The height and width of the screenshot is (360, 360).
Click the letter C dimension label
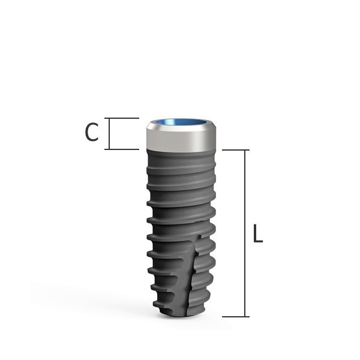91,133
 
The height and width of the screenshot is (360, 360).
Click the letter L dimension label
258,234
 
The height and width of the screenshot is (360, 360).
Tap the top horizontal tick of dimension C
123,118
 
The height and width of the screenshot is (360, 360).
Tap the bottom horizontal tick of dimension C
123,149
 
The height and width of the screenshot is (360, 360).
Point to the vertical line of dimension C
109,133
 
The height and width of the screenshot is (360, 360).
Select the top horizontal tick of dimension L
235,150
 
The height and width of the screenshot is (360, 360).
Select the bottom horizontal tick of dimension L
235,316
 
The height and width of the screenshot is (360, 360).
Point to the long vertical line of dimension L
245,234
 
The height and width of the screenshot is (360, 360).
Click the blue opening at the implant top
179,122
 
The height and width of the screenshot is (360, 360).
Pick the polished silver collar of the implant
181,140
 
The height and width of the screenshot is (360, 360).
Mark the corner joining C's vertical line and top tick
109,118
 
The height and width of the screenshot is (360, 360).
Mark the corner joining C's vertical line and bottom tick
109,149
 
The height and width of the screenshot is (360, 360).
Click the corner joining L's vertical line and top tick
245,150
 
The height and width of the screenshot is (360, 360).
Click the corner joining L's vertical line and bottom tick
245,316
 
